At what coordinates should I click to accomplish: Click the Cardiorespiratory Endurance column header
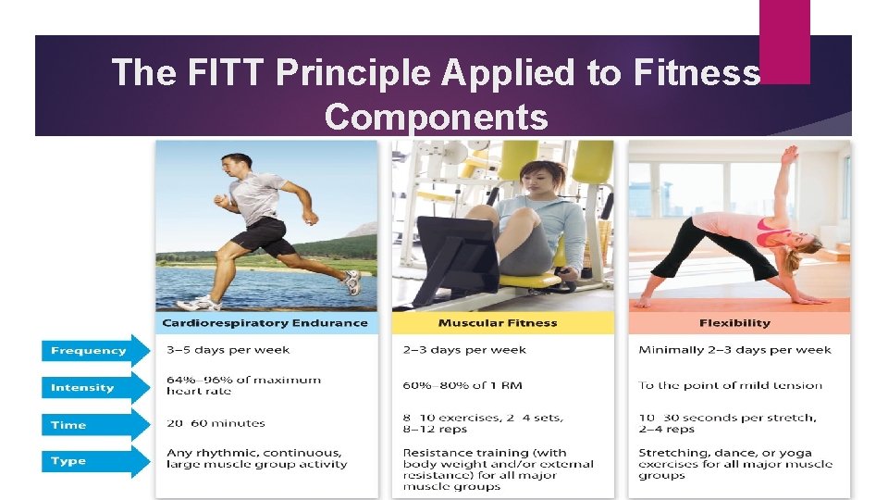[265, 323]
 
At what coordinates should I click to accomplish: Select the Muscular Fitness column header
[498, 323]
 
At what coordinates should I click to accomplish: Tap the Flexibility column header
[735, 323]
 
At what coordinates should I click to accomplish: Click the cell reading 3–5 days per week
[228, 350]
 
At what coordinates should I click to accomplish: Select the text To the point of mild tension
[730, 385]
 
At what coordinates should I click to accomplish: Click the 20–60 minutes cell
[216, 423]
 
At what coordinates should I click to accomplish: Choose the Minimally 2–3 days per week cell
[734, 350]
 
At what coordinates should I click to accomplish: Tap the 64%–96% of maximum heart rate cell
[243, 385]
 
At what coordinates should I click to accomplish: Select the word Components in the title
[436, 118]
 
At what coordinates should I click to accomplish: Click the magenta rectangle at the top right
[784, 41]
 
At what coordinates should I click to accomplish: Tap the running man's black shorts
[261, 235]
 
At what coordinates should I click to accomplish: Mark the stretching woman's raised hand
[788, 154]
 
